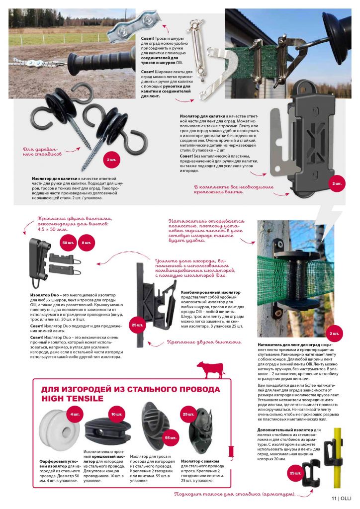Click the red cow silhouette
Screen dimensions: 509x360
pos(210,370)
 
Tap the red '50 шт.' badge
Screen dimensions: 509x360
pos(68,243)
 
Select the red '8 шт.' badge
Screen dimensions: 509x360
pos(86,243)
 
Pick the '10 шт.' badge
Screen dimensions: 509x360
pos(117,414)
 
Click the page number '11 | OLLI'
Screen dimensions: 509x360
pos(342,499)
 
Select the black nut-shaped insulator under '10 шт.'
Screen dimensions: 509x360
pos(108,430)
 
